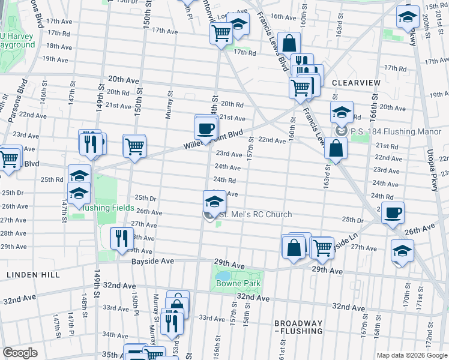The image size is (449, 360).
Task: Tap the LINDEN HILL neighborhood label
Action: (x=33, y=274)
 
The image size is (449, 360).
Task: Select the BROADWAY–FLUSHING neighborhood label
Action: (x=298, y=327)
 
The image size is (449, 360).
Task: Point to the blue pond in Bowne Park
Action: (x=221, y=276)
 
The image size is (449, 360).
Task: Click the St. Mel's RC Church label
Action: (x=255, y=215)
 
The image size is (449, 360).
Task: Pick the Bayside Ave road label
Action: (x=153, y=262)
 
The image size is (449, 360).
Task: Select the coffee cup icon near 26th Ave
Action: (x=393, y=212)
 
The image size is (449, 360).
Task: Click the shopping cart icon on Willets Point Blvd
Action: (x=134, y=145)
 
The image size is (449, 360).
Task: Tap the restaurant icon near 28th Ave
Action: (x=122, y=238)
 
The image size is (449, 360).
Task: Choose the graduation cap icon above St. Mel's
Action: (x=214, y=200)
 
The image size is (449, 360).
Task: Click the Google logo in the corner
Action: (x=20, y=353)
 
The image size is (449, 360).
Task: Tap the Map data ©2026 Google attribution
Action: (x=411, y=355)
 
